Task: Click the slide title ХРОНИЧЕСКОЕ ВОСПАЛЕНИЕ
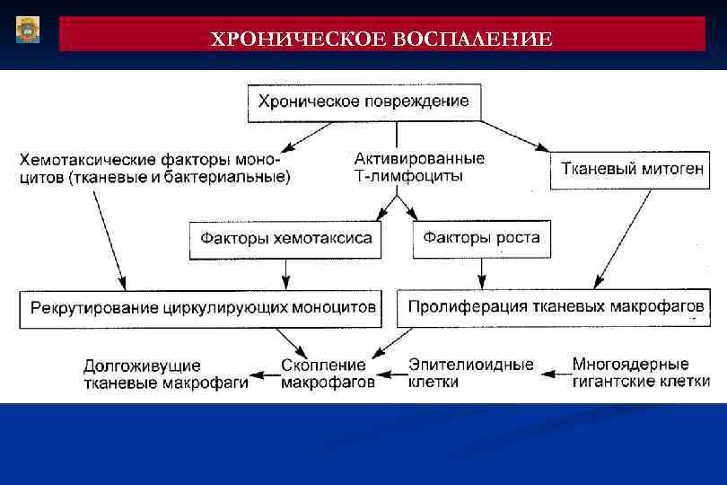[381, 39]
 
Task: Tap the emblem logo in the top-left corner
[28, 31]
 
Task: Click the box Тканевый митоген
[626, 169]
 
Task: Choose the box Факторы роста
[482, 238]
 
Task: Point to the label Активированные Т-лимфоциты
[419, 167]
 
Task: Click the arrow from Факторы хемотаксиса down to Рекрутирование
[285, 272]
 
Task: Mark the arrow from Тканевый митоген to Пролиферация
[623, 238]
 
